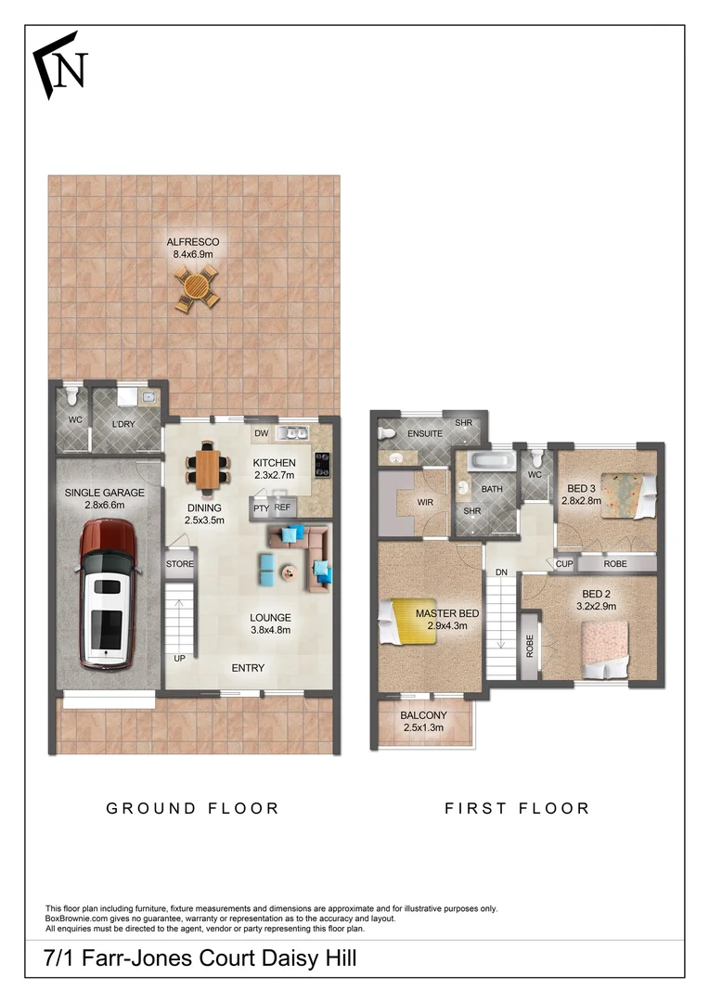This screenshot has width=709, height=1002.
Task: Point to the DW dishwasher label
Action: (261, 433)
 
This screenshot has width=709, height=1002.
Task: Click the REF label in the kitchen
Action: (282, 507)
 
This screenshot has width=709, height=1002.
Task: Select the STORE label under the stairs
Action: (179, 563)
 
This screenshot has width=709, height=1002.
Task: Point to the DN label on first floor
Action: (500, 572)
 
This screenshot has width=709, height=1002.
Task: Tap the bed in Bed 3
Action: (629, 495)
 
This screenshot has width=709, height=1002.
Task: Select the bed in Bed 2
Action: (605, 649)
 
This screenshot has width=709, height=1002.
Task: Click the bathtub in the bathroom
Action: (489, 460)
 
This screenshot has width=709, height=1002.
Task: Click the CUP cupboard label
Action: (563, 563)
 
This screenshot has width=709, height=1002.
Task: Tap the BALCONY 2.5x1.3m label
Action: (424, 722)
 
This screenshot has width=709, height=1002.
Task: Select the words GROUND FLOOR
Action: (192, 808)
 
